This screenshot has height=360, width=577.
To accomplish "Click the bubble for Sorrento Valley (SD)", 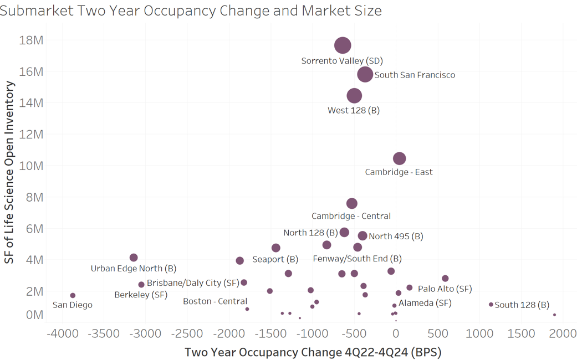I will click(x=343, y=45).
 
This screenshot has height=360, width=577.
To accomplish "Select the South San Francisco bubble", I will click(x=365, y=74).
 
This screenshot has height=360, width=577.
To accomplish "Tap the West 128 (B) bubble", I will click(x=354, y=96).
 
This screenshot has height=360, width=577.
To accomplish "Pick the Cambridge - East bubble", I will click(x=399, y=158).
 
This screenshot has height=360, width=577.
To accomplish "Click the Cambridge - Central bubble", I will click(x=352, y=204).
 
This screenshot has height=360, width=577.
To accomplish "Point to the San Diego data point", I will click(x=73, y=296).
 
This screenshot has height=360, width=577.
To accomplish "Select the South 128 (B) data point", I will click(x=491, y=305).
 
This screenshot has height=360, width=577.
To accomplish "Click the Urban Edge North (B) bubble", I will click(x=134, y=258).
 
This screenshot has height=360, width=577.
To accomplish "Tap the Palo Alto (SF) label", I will click(x=445, y=289).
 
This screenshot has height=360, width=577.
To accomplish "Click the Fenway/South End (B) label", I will click(x=357, y=259).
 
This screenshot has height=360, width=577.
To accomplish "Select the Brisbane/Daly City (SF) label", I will click(x=193, y=283).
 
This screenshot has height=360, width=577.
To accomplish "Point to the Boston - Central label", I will click(x=215, y=301).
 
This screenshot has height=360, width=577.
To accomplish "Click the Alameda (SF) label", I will click(x=425, y=303).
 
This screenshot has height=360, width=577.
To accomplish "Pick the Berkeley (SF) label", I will click(x=141, y=295).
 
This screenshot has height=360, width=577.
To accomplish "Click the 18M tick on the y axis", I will click(x=32, y=40).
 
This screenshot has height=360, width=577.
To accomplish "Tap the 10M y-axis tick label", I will click(x=32, y=166).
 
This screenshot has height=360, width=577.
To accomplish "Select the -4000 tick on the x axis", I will click(x=62, y=333).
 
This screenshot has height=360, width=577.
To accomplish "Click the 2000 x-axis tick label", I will click(x=563, y=333).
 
